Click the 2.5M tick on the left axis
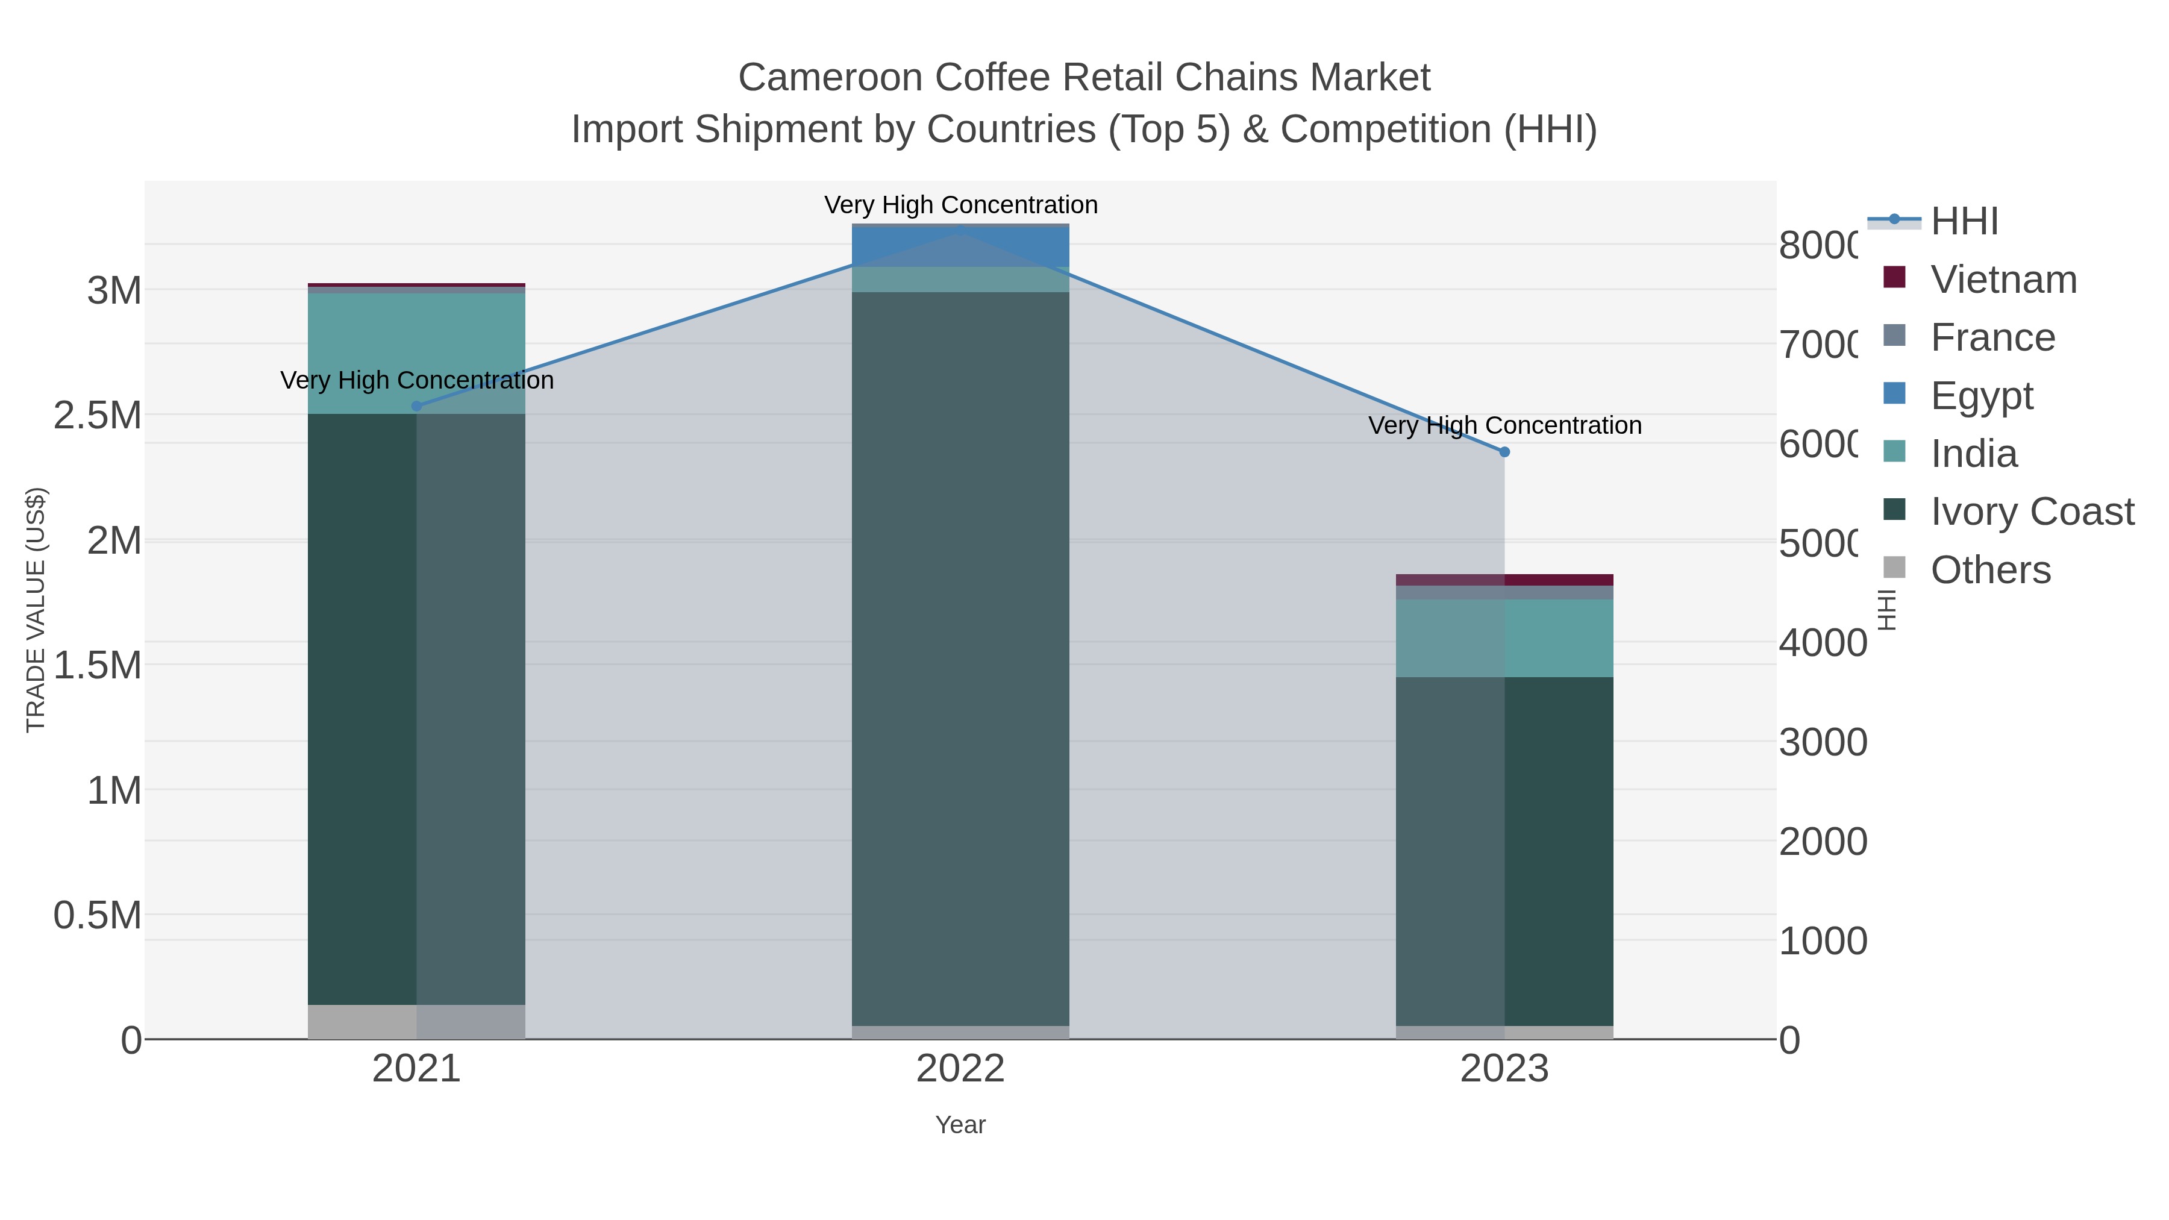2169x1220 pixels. click(98, 415)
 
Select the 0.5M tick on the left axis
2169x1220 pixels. click(98, 915)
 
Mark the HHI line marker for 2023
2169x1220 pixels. click(1504, 452)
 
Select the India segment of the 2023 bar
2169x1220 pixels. click(1504, 638)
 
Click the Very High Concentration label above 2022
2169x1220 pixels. click(961, 205)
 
